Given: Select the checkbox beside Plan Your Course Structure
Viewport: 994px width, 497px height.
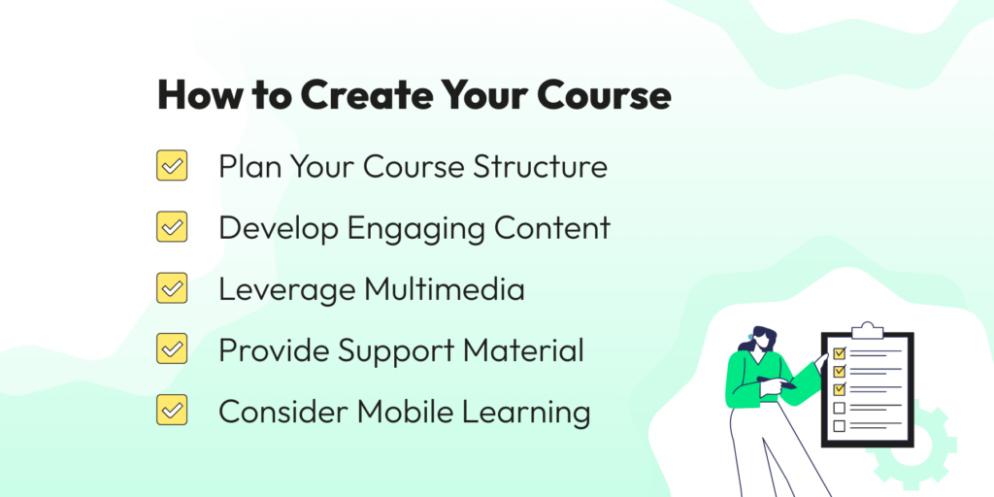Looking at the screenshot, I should coord(172,166).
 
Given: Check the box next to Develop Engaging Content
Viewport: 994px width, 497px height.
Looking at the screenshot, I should coord(172,227).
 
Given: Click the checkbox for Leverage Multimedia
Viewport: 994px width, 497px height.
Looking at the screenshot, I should coord(172,288).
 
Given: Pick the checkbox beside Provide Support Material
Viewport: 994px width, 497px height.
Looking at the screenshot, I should coord(172,349).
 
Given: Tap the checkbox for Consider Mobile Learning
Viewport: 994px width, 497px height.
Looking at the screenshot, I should coord(172,411).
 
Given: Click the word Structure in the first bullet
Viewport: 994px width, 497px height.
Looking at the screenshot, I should coord(540,166).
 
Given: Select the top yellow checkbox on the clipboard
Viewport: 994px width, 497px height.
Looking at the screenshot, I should coord(838,353).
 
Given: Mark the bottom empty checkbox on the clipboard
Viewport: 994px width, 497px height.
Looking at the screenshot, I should coord(838,425).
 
